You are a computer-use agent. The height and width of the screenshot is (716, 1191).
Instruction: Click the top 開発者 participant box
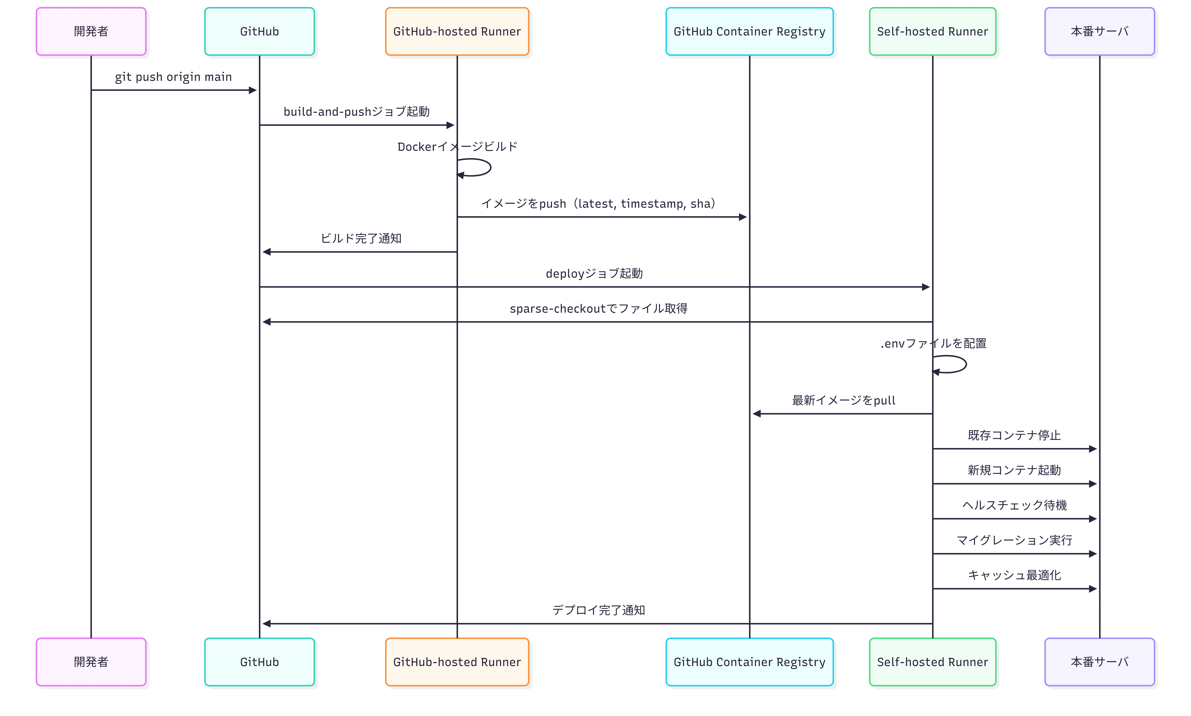pyautogui.click(x=91, y=31)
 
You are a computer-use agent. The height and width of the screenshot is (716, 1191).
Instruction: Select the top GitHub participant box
pyautogui.click(x=259, y=31)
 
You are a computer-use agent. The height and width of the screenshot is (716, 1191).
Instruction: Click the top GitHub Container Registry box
pyautogui.click(x=749, y=31)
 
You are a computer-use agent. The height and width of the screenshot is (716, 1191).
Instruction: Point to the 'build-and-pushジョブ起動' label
pyautogui.click(x=357, y=112)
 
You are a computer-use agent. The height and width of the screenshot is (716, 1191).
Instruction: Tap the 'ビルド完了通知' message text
pyautogui.click(x=361, y=238)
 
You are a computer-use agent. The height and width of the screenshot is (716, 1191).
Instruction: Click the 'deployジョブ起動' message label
pyautogui.click(x=594, y=274)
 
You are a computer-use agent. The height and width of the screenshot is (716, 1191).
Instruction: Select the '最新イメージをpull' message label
pyautogui.click(x=844, y=400)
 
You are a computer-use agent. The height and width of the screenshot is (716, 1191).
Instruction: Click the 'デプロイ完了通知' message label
pyautogui.click(x=599, y=610)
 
